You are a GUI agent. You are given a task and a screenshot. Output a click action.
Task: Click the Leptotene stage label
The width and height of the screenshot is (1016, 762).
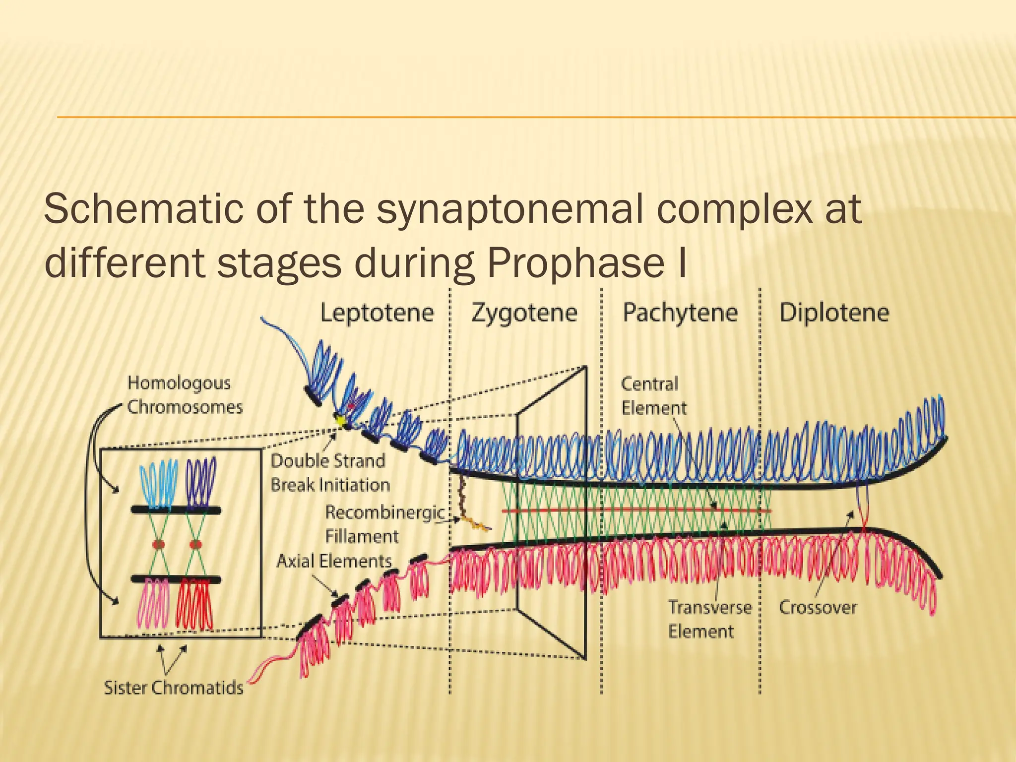point(377,314)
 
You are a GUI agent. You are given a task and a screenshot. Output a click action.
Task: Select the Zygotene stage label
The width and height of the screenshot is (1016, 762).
point(524,314)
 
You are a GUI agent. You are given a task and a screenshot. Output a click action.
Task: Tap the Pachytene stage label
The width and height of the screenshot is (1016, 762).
point(680,314)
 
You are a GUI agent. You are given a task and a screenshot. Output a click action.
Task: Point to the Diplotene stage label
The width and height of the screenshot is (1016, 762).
point(834,314)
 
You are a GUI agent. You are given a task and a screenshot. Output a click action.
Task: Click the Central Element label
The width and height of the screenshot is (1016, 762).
point(653,396)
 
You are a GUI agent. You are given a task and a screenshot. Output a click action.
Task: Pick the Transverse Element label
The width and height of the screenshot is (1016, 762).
point(709,620)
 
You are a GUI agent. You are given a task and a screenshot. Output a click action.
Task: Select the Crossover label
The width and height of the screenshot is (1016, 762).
point(818,608)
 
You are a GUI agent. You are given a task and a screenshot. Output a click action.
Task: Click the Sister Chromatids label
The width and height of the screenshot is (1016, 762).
point(174,688)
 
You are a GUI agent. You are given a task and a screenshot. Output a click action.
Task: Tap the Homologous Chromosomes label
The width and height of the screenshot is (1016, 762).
point(185,395)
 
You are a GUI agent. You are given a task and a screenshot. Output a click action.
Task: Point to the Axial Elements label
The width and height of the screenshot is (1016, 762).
point(334,561)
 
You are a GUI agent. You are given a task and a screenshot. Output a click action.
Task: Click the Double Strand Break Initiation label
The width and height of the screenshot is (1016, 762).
point(330,473)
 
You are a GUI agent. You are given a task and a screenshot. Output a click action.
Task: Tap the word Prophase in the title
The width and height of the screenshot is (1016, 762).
point(575,263)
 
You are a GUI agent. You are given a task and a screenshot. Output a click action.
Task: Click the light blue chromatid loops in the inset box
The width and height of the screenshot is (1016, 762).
point(158,484)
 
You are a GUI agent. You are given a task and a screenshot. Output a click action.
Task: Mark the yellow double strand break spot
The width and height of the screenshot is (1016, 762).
point(341,420)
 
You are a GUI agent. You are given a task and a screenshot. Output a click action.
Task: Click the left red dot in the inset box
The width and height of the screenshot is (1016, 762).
point(158,544)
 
